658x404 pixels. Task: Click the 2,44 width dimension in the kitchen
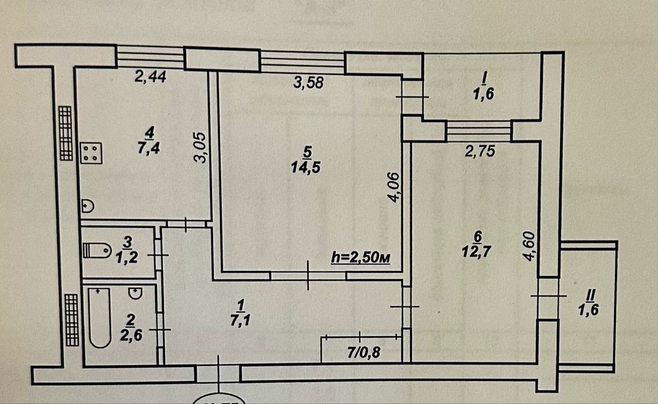pos(150,77)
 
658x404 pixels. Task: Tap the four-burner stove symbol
pos(91,154)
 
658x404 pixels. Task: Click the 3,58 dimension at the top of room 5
pos(308,83)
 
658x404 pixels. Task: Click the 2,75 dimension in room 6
pos(479,151)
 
